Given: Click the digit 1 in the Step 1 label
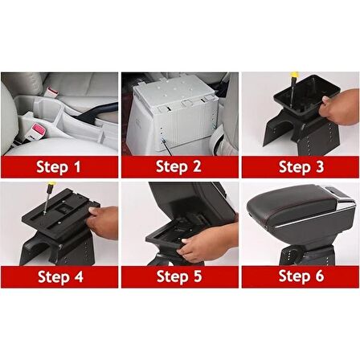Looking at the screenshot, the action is (x=76, y=166).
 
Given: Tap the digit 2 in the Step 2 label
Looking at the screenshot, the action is (x=197, y=166).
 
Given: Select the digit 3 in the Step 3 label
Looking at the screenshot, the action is (x=319, y=166).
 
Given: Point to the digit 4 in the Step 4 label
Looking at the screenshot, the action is (x=78, y=276).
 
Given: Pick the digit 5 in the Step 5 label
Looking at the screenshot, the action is (x=198, y=276).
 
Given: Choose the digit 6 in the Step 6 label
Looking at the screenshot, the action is (x=319, y=276).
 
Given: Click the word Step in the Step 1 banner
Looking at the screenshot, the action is (x=52, y=167).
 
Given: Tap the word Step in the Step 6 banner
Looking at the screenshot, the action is (x=294, y=276).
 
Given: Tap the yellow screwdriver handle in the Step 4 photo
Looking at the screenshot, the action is (x=51, y=186).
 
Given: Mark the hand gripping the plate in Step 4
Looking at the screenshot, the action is (x=103, y=221).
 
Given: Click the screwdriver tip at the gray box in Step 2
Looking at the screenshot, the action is (x=162, y=140).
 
